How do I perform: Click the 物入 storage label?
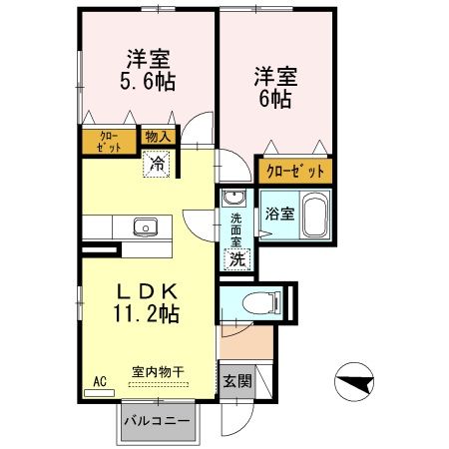pyautogui.click(x=158, y=138)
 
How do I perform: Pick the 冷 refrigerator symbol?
pyautogui.click(x=158, y=163)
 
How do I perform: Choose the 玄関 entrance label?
pyautogui.click(x=236, y=380)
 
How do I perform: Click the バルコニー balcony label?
pyautogui.click(x=158, y=421)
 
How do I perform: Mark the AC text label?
pyautogui.click(x=100, y=381)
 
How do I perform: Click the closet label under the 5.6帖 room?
pyautogui.click(x=109, y=141)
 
